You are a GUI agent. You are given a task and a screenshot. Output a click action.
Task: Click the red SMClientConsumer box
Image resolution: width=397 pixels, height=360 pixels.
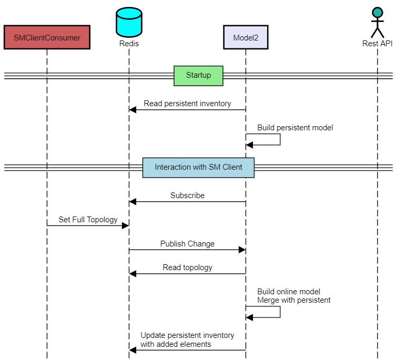[47, 37]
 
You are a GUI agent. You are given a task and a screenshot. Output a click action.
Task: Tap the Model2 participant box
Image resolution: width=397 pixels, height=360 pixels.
[246, 37]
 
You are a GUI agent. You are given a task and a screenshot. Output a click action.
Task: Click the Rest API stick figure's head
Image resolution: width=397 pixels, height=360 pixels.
[377, 12]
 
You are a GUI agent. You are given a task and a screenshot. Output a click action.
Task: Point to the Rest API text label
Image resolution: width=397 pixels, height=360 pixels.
[377, 44]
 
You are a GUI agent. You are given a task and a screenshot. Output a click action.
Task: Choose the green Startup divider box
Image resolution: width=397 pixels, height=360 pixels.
[198, 75]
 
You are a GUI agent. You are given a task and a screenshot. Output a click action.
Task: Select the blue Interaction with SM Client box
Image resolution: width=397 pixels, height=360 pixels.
[198, 167]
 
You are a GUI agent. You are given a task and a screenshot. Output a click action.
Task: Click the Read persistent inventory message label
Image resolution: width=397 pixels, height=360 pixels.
[187, 104]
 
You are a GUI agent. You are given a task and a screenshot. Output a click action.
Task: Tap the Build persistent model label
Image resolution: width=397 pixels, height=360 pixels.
[295, 128]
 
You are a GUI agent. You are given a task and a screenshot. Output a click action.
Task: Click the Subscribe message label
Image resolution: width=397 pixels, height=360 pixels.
[187, 196]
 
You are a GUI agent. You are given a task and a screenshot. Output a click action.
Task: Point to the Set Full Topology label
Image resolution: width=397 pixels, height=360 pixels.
[88, 220]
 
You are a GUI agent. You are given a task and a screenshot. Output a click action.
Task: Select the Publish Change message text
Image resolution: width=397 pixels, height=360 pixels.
[187, 244]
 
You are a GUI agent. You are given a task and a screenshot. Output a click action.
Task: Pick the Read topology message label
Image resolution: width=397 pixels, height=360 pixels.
[187, 268]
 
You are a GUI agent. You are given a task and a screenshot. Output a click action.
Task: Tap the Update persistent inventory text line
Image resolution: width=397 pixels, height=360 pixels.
[187, 335]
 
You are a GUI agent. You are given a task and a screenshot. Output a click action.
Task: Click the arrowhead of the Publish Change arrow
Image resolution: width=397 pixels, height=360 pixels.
[242, 250]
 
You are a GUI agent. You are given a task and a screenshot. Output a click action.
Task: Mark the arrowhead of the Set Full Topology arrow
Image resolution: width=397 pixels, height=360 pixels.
[126, 225]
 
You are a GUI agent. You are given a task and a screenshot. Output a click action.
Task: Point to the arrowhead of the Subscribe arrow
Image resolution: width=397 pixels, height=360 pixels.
[133, 201]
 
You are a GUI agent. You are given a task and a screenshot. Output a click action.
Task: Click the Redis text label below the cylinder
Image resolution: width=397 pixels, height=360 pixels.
[129, 44]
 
